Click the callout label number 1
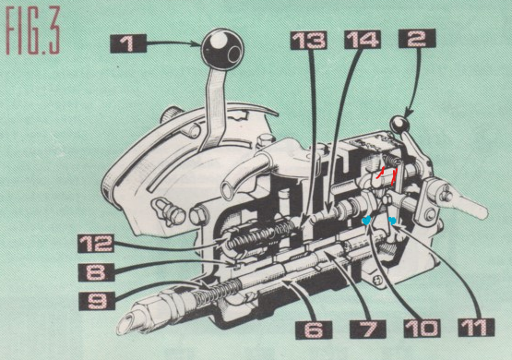(128, 43)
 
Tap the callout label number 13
(308, 41)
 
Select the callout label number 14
(363, 39)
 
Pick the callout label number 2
(417, 38)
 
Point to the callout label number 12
(95, 244)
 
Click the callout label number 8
(96, 272)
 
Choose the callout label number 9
(97, 301)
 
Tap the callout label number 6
(314, 330)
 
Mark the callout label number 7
(368, 329)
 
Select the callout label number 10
(422, 329)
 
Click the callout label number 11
(476, 327)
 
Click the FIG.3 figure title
(32, 31)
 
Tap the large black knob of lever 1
(222, 50)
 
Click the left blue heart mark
(366, 221)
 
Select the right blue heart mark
(392, 221)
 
